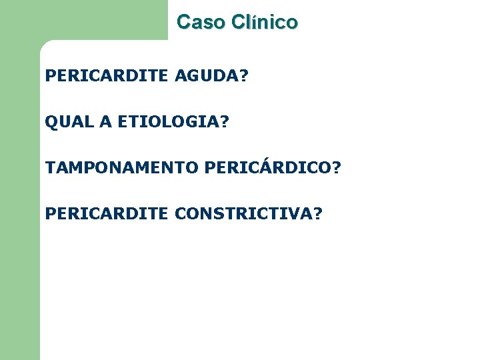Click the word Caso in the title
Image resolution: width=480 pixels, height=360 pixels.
tap(201, 22)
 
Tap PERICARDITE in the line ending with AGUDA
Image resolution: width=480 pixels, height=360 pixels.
tap(107, 77)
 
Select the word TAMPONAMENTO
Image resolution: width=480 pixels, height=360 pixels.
tap(122, 167)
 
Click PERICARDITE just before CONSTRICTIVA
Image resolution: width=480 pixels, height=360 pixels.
tap(107, 213)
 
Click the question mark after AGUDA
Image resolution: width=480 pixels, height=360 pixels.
tap(244, 77)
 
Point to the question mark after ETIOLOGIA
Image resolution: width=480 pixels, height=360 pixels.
tap(223, 122)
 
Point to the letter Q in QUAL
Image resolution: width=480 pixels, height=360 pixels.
tap(51, 122)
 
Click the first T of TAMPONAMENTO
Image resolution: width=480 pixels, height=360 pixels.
tap(51, 167)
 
